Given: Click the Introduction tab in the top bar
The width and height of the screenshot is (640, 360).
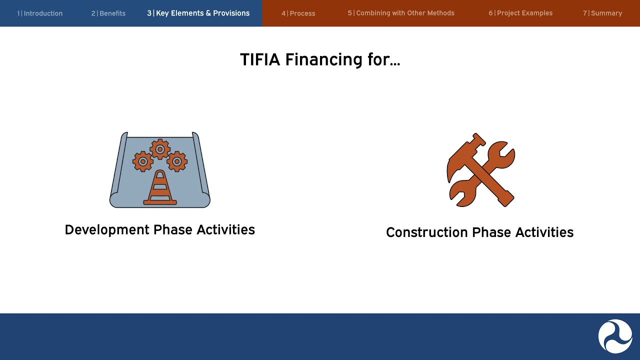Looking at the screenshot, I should [x=39, y=13].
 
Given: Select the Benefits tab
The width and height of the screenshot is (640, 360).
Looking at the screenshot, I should [x=108, y=13].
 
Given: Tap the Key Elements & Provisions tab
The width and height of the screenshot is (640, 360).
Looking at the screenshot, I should [x=198, y=13].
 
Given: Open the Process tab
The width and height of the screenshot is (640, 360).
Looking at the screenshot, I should [x=298, y=13].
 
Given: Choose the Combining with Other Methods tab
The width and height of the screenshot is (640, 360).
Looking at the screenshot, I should [x=401, y=13].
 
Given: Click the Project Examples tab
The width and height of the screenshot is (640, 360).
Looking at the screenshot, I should [x=520, y=13].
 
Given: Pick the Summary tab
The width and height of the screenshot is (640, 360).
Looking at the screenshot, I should [x=602, y=13].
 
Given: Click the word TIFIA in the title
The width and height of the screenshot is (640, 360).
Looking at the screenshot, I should [x=260, y=59].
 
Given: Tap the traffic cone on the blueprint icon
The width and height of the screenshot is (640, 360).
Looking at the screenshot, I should [x=160, y=189].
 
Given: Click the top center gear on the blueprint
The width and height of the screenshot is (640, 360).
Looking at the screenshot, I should [x=160, y=149].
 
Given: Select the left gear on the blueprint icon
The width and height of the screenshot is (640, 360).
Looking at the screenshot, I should [x=143, y=161].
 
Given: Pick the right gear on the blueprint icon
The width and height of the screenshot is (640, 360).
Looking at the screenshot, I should [x=177, y=161].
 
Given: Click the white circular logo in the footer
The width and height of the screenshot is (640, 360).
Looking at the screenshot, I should [x=615, y=336].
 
